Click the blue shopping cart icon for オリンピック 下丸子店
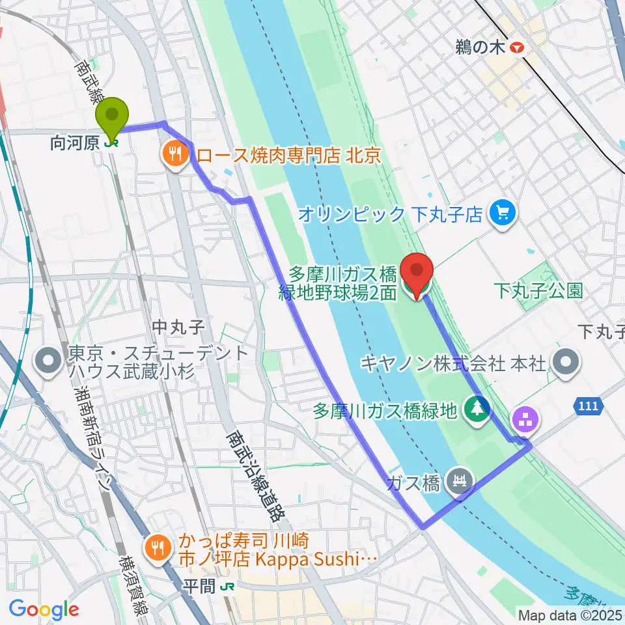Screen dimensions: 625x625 point(502,213)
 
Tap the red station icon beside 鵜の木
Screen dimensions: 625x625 point(518,48)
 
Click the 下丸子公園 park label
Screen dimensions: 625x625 point(538,290)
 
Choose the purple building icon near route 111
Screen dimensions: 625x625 point(525,419)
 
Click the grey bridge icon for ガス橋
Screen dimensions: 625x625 point(461,482)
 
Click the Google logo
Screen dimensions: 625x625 point(44,609)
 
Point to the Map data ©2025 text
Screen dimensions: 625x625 point(570,614)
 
